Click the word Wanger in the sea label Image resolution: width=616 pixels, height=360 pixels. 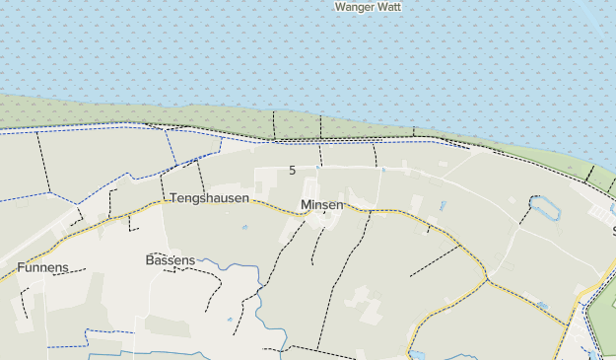355,6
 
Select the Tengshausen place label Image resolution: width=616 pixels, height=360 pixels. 210,198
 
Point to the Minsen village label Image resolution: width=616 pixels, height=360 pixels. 322,205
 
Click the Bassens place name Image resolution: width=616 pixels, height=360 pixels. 171,260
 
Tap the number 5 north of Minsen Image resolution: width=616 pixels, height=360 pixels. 292,171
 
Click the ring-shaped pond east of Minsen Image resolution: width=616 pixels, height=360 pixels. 544,208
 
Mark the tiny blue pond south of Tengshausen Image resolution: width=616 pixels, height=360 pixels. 244,228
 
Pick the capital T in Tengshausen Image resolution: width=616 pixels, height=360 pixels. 173,198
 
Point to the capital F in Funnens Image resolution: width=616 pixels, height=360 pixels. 21,267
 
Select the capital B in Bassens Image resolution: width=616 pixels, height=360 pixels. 150,260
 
